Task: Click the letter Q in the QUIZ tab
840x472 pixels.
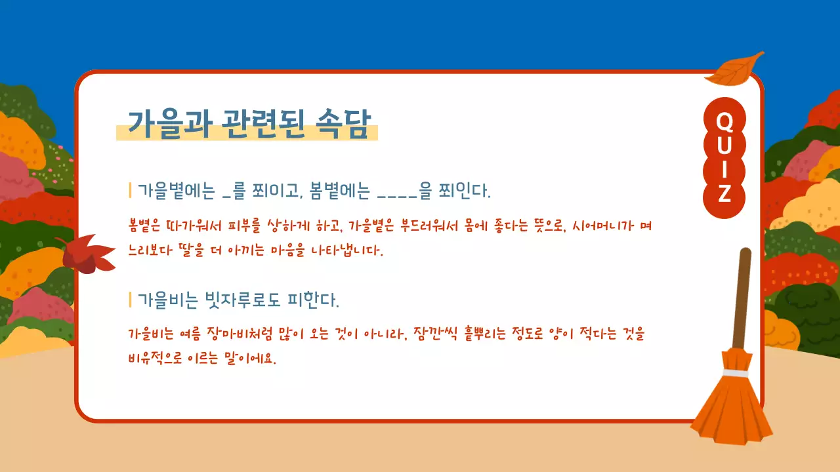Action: [724, 121]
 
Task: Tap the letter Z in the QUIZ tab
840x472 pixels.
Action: [724, 195]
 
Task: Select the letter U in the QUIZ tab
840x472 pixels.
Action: [724, 146]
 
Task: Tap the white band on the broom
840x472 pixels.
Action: [736, 372]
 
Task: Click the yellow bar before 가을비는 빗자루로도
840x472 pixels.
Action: [131, 300]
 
